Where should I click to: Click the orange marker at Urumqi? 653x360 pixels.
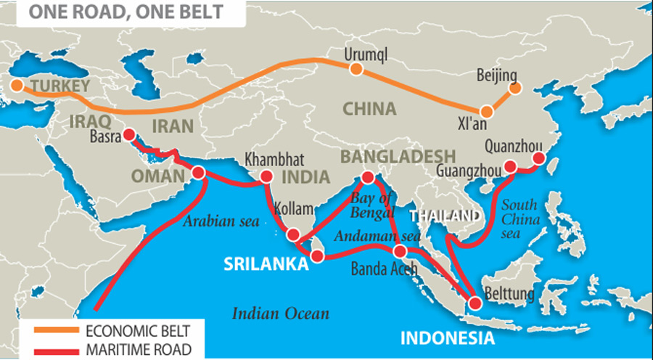click(356, 69)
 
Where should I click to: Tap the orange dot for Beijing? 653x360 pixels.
click(515, 88)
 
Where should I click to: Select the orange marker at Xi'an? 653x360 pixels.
click(487, 112)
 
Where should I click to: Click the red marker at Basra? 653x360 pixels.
click(129, 134)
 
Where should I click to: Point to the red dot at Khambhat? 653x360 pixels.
click(266, 176)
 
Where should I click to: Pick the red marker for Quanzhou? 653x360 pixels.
click(538, 158)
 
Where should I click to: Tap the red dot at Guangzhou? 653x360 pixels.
click(510, 166)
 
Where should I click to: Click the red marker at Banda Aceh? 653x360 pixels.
click(400, 251)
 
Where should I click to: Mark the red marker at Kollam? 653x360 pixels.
click(293, 234)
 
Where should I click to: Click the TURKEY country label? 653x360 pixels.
click(59, 86)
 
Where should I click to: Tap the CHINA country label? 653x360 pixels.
click(369, 109)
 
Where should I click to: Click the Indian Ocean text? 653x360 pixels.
click(281, 314)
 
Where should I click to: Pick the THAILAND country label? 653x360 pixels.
click(443, 216)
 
